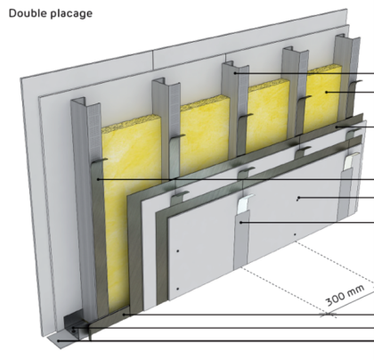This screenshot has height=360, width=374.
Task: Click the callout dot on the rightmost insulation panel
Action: [327, 92]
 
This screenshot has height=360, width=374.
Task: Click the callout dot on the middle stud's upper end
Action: [236, 73]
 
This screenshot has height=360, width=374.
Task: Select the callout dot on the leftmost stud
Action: [98, 180]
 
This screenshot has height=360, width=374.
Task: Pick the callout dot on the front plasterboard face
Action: [297, 198]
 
